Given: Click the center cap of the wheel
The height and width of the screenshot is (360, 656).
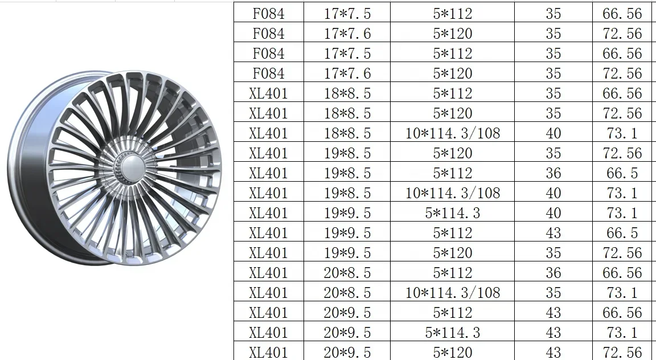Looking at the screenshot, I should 130,169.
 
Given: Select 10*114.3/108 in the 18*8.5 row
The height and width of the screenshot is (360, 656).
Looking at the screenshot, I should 453,133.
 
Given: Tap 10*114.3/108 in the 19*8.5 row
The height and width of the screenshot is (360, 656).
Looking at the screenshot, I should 453,193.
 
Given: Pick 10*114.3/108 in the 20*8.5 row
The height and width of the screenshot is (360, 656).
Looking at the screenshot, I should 453,293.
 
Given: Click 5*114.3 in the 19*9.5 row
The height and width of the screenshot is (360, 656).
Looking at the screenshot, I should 453,213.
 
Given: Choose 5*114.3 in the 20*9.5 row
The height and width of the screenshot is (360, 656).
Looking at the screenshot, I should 453,333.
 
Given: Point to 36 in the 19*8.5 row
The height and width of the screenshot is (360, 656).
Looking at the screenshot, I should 553,173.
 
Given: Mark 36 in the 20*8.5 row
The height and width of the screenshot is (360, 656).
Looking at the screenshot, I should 553,273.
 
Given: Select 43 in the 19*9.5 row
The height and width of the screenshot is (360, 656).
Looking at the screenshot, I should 553,233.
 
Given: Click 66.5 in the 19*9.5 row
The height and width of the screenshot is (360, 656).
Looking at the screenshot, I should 622,233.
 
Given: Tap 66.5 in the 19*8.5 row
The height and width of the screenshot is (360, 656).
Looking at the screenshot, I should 622,173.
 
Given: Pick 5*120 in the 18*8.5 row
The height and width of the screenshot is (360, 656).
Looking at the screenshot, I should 453,113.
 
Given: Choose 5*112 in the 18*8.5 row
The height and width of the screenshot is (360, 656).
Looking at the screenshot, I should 453,93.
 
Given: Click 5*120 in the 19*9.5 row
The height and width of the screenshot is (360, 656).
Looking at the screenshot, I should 453,253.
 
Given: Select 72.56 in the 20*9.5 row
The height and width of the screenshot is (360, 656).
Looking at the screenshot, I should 622,353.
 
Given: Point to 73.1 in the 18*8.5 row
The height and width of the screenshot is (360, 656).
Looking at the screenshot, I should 622,133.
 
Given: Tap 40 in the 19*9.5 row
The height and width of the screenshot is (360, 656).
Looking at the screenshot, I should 553,213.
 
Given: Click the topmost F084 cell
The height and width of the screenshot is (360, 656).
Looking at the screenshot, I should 269,14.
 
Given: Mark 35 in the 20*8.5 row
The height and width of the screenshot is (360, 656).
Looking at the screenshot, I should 553,293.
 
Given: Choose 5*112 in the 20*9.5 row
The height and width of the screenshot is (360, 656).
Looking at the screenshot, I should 453,313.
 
